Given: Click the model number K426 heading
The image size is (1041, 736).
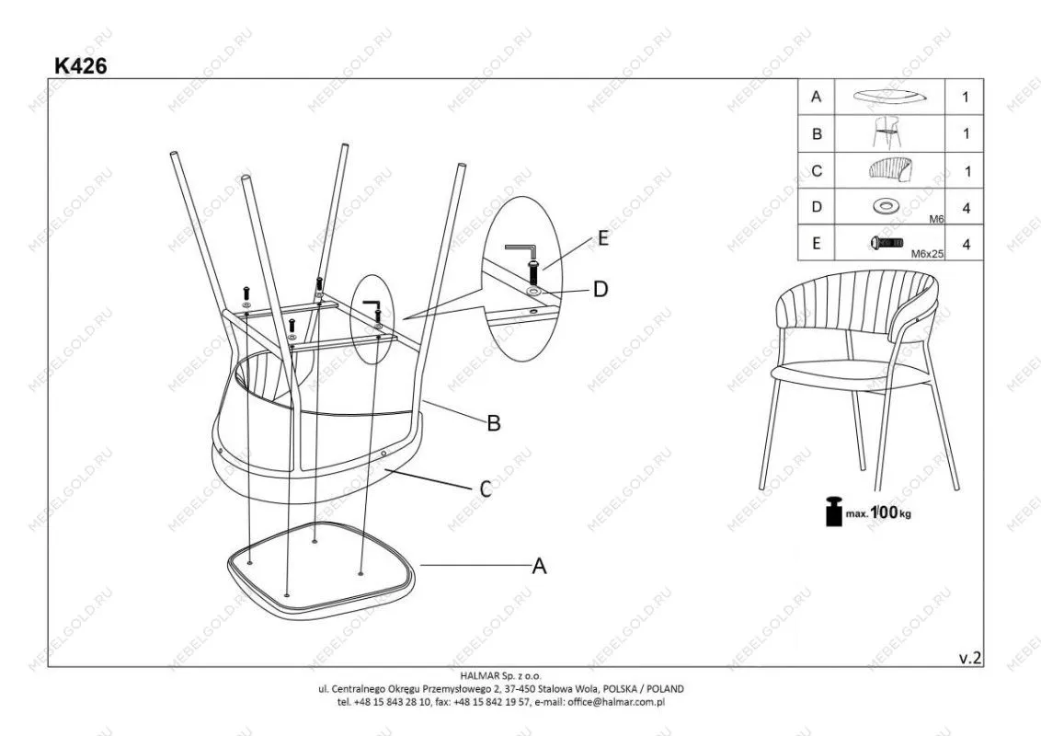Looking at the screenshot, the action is (x=80, y=65).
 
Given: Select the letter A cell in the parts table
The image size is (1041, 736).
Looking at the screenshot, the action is (x=816, y=97).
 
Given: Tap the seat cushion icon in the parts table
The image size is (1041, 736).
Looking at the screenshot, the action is (x=889, y=97).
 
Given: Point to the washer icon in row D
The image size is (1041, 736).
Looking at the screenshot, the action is (x=887, y=207).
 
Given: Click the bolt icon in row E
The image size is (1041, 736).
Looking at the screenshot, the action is (x=887, y=243).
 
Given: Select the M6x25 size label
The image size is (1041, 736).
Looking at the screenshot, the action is (x=927, y=253).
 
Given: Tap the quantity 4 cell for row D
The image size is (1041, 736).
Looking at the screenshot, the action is (x=966, y=208).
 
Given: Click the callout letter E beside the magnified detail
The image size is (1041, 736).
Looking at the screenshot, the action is (x=602, y=237).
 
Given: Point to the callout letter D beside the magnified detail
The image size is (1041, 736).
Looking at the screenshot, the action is (x=601, y=289).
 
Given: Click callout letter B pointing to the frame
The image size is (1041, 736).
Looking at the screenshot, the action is (x=493, y=423).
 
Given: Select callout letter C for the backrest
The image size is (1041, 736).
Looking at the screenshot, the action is (x=486, y=489).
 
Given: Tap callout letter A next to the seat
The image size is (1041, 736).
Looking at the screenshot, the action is (x=539, y=566).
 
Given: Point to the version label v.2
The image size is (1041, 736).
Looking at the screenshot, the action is (x=970, y=658).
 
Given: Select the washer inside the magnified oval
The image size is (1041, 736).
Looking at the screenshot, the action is (x=533, y=292).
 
